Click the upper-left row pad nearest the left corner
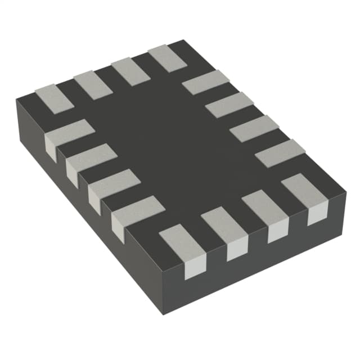[x=54, y=98]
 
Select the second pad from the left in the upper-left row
[x=93, y=85]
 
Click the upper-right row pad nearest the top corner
[x=206, y=83]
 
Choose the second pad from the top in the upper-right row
[x=229, y=105]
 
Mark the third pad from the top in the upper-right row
[x=254, y=128]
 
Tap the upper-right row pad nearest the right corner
[x=280, y=153]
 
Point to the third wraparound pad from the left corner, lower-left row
[x=113, y=185]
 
